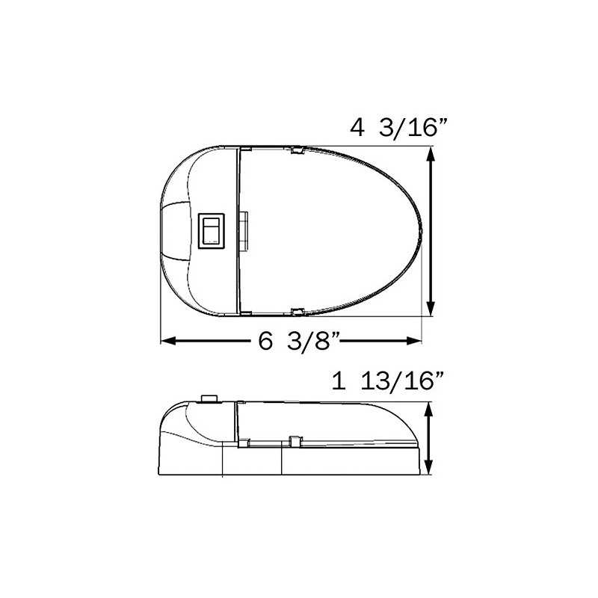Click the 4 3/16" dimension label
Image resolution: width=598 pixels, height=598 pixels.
tap(398, 128)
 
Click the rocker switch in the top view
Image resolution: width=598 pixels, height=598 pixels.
tap(212, 230)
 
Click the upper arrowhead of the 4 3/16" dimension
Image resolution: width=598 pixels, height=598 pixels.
tap(431, 153)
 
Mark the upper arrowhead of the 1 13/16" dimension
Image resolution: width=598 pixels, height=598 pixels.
tap(428, 409)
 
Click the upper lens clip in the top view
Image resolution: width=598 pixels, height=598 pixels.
tap(296, 151)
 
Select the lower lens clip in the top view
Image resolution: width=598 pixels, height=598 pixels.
tap(296, 310)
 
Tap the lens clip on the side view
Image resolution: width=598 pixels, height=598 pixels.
tap(294, 441)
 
